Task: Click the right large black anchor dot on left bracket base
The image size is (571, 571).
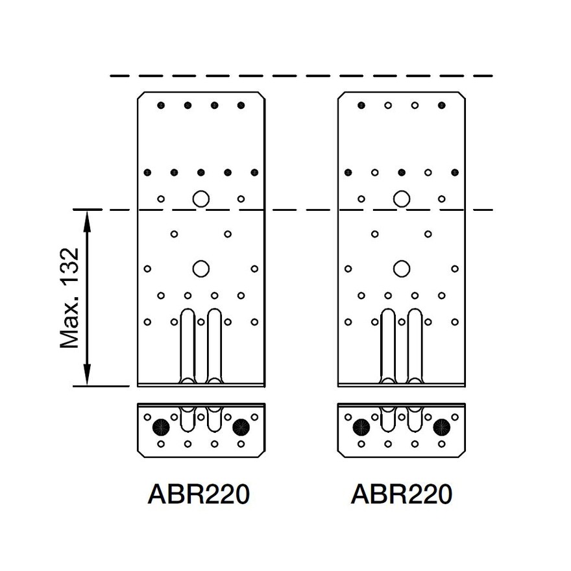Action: point(241,427)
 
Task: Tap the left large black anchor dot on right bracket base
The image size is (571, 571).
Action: point(361,427)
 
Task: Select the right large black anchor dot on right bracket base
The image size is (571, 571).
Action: point(442,427)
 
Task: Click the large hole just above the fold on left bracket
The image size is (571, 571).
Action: point(200,198)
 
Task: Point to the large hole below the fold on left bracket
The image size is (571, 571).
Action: point(200,268)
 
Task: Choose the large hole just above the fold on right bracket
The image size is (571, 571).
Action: point(402,198)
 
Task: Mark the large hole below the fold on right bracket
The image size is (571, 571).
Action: point(402,268)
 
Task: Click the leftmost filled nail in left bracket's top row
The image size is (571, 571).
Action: point(161,105)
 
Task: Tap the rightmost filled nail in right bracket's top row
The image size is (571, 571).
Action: point(442,105)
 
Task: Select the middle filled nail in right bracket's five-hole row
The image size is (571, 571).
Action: point(402,173)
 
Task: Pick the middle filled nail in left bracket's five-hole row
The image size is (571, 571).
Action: point(200,173)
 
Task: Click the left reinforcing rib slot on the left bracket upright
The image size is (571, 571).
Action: point(187,344)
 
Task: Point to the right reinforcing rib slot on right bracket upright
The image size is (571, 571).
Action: point(415,344)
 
